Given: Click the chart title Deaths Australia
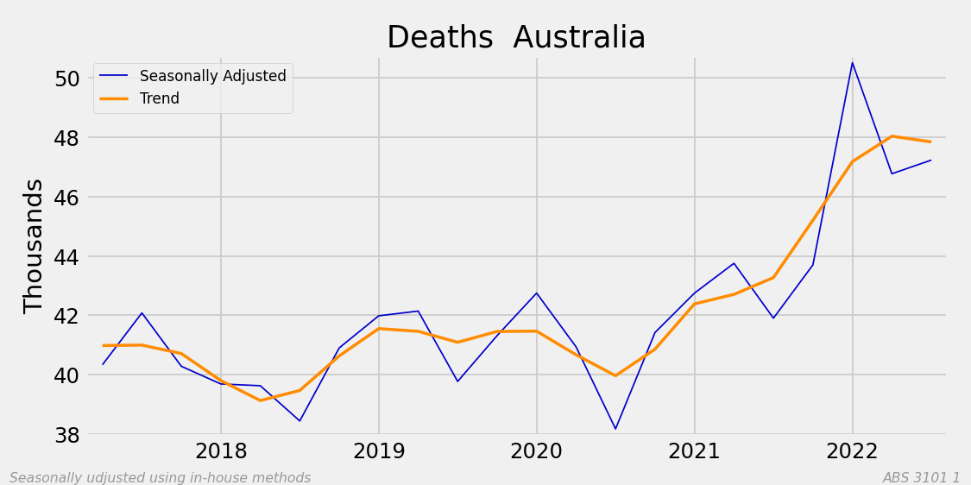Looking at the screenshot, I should [515, 38].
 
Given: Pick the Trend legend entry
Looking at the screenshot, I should [159, 98].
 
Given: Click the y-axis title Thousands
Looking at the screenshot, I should [34, 246].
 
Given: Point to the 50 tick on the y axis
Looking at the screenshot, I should [61, 79].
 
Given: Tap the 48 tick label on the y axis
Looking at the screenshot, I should [61, 138].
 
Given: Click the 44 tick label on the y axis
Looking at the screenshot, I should [61, 257].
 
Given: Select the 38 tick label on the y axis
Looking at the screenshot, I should [61, 435].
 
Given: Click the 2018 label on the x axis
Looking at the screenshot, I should [221, 451].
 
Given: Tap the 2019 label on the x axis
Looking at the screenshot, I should [379, 451].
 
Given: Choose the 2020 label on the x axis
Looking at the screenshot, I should [537, 451].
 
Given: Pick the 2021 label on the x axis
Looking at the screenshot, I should [695, 451].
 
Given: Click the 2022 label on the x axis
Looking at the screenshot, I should [853, 451].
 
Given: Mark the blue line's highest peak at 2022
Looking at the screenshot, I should [853, 62].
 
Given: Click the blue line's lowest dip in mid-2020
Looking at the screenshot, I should [615, 429].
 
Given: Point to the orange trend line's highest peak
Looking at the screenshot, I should [892, 136].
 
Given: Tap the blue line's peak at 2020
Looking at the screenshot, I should [537, 293].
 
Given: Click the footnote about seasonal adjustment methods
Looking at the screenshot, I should [160, 478].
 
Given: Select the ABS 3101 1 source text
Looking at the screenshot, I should [921, 478].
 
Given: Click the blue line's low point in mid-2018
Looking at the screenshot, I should [299, 421].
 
